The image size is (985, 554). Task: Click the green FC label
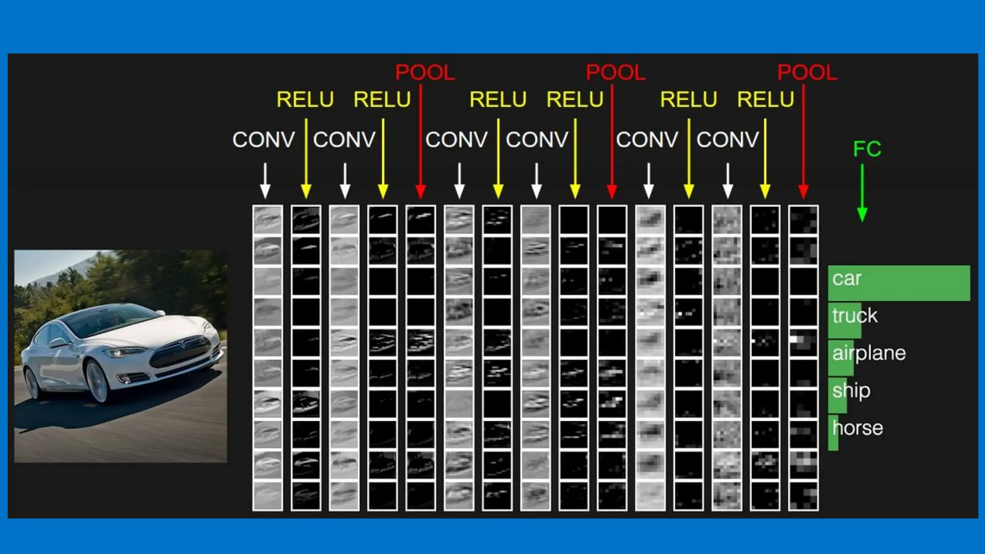867,149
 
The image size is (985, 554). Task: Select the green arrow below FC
862,192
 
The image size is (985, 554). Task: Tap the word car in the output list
846,278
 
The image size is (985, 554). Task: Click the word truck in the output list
855,316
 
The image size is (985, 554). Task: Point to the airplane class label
869,353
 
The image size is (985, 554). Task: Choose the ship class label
851,390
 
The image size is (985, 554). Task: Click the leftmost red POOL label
425,73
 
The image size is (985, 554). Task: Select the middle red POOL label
615,73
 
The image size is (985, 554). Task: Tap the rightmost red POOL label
807,73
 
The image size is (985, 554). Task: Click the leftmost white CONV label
263,140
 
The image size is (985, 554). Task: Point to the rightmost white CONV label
727,140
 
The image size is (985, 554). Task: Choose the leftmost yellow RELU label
305,100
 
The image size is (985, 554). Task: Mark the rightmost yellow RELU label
765,100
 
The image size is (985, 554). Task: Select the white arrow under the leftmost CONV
265,181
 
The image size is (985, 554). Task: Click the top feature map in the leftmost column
267,220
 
